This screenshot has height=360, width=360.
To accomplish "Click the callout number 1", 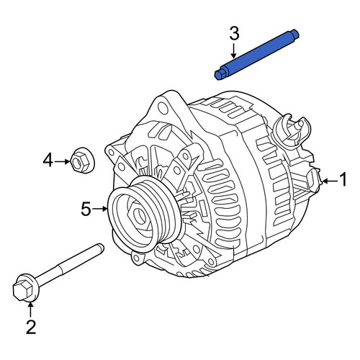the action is [x=343, y=179].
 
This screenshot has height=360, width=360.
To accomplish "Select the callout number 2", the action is [x=31, y=327].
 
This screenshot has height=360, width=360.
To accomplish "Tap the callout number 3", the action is [x=234, y=33].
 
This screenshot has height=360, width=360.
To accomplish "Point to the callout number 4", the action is [x=48, y=160].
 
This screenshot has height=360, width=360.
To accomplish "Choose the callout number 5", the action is [x=86, y=209].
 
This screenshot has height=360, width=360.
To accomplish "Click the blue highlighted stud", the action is [x=256, y=55].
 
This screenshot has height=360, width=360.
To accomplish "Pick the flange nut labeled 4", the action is [x=83, y=160].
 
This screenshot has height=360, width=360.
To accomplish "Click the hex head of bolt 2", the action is [x=22, y=291].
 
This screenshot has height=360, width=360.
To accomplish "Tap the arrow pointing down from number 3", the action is [x=234, y=50].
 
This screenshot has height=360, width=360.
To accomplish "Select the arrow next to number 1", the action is [x=330, y=181].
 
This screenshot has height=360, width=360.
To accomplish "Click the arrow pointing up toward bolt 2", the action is [x=30, y=310].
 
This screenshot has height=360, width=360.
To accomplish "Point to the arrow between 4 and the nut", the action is [x=62, y=161].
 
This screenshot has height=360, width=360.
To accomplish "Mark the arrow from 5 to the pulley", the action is [x=100, y=209].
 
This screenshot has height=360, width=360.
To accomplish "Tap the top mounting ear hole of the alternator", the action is [x=163, y=108].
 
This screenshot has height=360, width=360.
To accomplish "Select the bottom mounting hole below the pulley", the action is [x=136, y=258].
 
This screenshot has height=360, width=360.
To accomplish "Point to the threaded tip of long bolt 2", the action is [x=100, y=248].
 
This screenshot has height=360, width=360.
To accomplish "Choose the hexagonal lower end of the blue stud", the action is [x=220, y=74].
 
